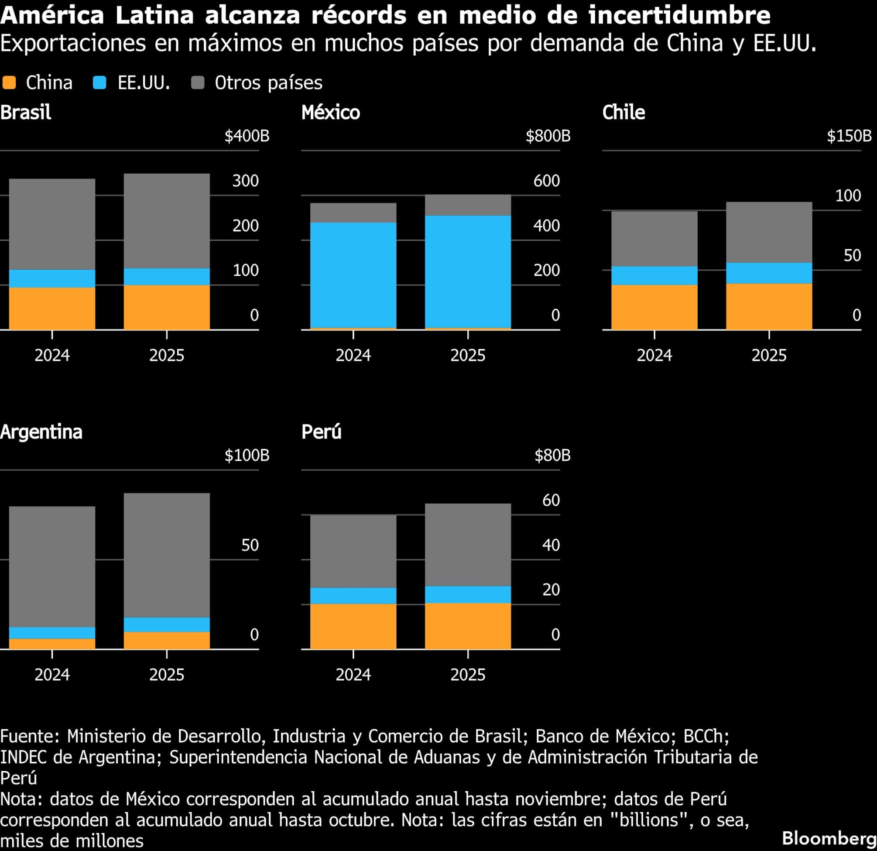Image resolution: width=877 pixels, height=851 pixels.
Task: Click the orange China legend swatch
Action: pos(9,83)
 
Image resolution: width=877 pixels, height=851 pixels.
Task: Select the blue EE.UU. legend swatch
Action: pos(99,83)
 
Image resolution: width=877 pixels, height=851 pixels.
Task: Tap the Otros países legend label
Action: pos(268,83)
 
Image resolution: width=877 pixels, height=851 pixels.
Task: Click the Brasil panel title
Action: pos(25,112)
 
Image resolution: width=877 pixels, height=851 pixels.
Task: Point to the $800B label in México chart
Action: pos(548,136)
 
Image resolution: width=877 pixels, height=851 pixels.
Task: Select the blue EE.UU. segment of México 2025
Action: pos(468,272)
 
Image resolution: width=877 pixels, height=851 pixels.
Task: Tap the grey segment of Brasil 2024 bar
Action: pos(52,224)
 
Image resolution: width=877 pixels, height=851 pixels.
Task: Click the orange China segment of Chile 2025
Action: pos(769,307)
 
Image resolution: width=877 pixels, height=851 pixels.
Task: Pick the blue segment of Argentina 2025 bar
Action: pos(166,625)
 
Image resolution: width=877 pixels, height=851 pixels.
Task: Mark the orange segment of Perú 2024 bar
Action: pos(353,626)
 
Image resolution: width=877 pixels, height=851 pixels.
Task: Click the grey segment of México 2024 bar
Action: pos(353,213)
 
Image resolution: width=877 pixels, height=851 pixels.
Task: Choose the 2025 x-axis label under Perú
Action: pos(468,675)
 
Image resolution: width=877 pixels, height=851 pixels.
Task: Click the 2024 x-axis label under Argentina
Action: pos(52,675)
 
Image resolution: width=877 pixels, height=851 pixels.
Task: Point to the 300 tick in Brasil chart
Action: pos(245,181)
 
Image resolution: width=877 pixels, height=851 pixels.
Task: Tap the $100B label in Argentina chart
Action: pos(247,455)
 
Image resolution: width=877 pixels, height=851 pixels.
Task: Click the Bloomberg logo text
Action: pos(829,837)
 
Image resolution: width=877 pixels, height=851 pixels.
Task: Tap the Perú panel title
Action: pos(321,432)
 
